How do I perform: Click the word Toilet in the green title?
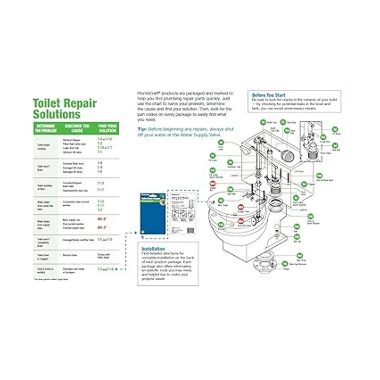pyautogui.click(x=47, y=104)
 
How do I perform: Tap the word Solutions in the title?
pyautogui.click(x=57, y=114)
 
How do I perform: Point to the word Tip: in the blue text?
pyautogui.click(x=142, y=129)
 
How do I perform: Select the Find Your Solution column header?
pyautogui.click(x=108, y=128)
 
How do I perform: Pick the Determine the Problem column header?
pyautogui.click(x=45, y=128)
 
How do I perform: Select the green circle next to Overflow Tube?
pyautogui.click(x=230, y=162)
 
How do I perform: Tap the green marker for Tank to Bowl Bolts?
pyautogui.click(x=319, y=175)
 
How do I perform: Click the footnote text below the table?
pyautogui.click(x=51, y=279)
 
